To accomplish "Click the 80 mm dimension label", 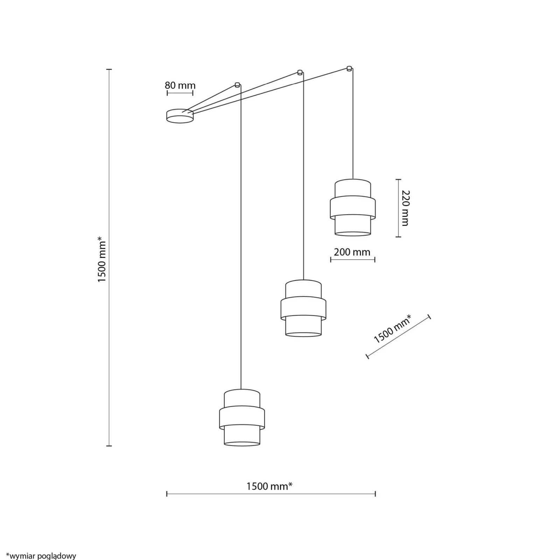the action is (180, 85).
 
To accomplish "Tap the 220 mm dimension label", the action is (405, 208).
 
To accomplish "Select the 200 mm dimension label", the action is (352, 252).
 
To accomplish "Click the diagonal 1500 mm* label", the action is (392, 329).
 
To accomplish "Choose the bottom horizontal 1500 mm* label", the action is (269, 486).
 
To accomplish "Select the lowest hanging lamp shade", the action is (242, 418).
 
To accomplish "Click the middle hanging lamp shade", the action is (303, 308).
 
